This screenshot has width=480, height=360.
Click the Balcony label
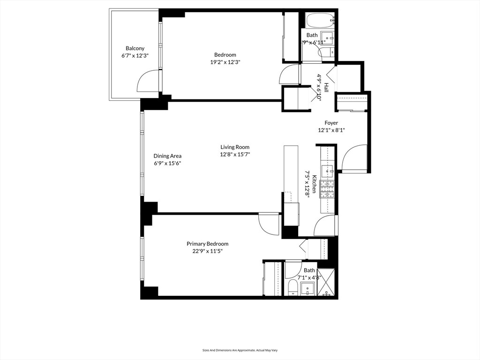(x=135, y=48)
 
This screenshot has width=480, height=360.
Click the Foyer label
(x=331, y=123)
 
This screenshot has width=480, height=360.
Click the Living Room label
(x=235, y=147)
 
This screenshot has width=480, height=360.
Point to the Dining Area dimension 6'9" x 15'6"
(x=167, y=163)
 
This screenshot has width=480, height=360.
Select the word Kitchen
(x=315, y=185)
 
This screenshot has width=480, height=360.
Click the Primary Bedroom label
(x=207, y=244)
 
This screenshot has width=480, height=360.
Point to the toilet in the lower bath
(x=292, y=287)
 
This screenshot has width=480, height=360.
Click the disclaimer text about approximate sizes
(x=240, y=350)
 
